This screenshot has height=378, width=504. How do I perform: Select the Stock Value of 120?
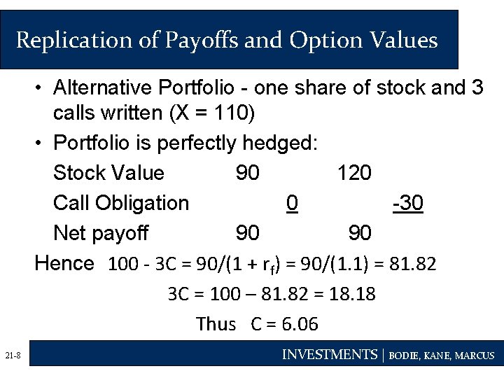click(x=354, y=173)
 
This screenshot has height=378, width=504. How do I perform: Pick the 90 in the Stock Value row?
click(x=247, y=173)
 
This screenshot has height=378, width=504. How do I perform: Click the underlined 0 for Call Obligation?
click(x=293, y=203)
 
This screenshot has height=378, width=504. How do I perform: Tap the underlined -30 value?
click(x=408, y=203)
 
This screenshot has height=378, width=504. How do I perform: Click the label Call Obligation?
click(x=121, y=203)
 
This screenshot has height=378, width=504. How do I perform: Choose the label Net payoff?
click(x=101, y=233)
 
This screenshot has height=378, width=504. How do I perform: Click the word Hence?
click(x=64, y=263)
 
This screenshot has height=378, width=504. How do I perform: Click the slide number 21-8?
click(x=12, y=357)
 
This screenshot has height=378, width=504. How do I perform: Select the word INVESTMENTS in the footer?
click(x=329, y=355)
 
